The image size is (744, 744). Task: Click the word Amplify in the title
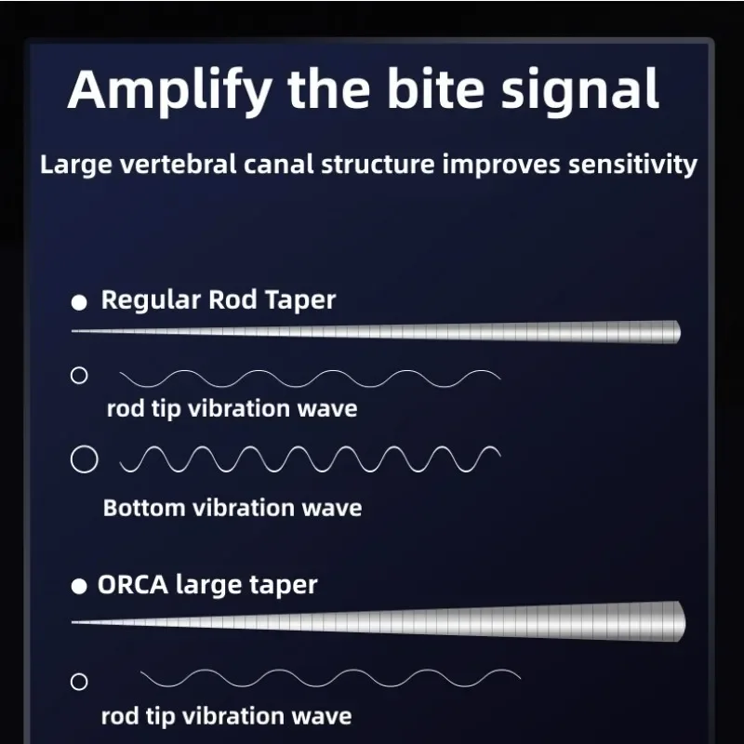170,91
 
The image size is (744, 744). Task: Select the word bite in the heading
435,88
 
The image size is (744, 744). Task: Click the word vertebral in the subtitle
178,165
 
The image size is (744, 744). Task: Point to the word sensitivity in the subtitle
632,166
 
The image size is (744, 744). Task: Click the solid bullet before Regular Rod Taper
79,302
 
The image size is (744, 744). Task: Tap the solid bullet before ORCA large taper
79,587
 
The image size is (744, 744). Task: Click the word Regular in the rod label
151,300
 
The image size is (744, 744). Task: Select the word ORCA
133,584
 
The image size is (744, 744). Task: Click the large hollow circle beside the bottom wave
85,459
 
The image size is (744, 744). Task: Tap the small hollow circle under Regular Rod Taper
79,376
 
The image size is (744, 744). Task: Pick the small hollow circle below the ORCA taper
79,682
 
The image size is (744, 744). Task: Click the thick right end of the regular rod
680,332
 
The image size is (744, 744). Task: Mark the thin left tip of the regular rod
73,331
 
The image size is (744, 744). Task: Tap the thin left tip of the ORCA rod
73,621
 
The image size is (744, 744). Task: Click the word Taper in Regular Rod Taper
299,300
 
